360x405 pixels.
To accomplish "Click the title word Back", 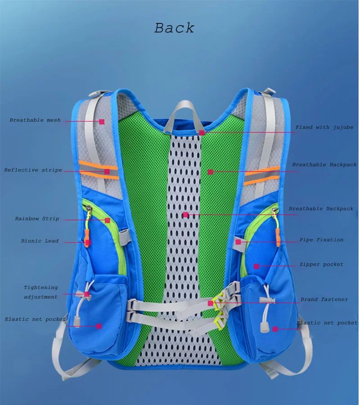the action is (175, 28).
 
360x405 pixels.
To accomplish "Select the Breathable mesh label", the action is (35, 120).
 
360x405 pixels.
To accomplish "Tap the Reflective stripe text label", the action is (33, 170).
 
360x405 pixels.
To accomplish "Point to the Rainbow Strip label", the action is (37, 219).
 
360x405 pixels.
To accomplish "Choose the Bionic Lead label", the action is (40, 241).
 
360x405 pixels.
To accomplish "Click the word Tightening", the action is (41, 287).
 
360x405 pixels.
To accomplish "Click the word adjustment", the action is (40, 297).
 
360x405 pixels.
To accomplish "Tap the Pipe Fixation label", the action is (321, 240).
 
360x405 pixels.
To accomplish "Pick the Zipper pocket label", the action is (321, 264).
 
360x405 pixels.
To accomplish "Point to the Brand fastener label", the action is (324, 299).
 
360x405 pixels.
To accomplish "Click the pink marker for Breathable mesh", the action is (102, 121).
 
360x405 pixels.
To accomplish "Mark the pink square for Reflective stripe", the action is (107, 171).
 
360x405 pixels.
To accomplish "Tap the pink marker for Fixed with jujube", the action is (202, 133).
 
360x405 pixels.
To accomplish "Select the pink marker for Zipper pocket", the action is (256, 266).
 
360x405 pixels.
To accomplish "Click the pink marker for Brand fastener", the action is (210, 303).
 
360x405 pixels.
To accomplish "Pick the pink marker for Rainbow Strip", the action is (108, 220).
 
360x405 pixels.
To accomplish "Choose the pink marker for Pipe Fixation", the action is (238, 242).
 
